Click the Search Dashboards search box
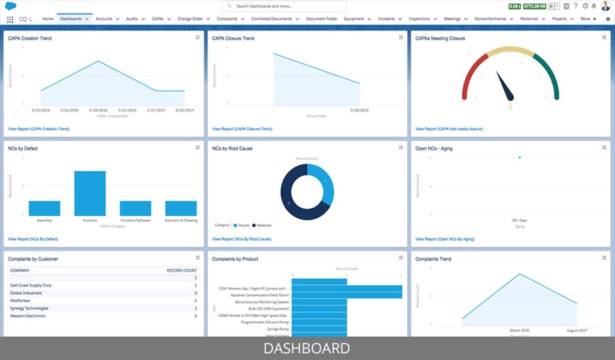tap(284, 6)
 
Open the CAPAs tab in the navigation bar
tap(158, 19)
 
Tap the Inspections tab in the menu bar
tap(419, 19)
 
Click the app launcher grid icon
tap(10, 19)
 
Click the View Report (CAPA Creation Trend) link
tap(39, 128)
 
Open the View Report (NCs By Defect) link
tap(33, 239)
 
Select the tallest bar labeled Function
tap(90, 193)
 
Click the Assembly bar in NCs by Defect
tap(44, 208)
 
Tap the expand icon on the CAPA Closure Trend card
tap(401, 38)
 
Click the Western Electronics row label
tap(29, 315)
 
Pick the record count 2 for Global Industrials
tap(195, 293)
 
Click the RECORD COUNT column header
tap(181, 270)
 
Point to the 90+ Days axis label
tap(520, 221)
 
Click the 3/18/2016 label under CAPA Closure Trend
tap(359, 110)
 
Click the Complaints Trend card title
tap(433, 259)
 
